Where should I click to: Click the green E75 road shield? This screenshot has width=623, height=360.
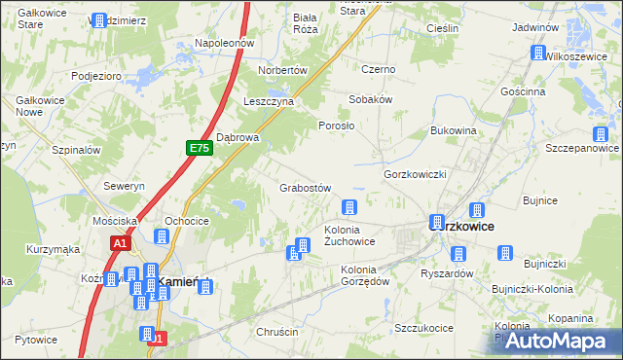point(200,148)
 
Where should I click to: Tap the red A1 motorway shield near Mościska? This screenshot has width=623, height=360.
point(121,243)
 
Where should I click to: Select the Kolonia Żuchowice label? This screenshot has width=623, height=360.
point(349,234)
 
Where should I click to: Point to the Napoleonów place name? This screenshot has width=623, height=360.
point(224,44)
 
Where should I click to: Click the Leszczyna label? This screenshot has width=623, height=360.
point(268,100)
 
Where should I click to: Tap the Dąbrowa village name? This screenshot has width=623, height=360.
point(238,137)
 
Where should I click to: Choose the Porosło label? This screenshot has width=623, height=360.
point(337,126)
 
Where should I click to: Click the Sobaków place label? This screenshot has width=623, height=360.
point(371,99)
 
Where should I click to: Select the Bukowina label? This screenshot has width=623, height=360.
point(453,129)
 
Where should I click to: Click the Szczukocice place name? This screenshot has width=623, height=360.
point(424,328)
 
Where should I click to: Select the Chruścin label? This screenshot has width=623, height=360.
point(276,332)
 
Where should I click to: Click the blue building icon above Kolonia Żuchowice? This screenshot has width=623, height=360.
point(348,206)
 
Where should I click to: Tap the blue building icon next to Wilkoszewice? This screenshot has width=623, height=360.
point(536,54)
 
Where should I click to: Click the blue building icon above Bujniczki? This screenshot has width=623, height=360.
point(505,253)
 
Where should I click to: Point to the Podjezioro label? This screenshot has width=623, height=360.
point(95,75)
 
